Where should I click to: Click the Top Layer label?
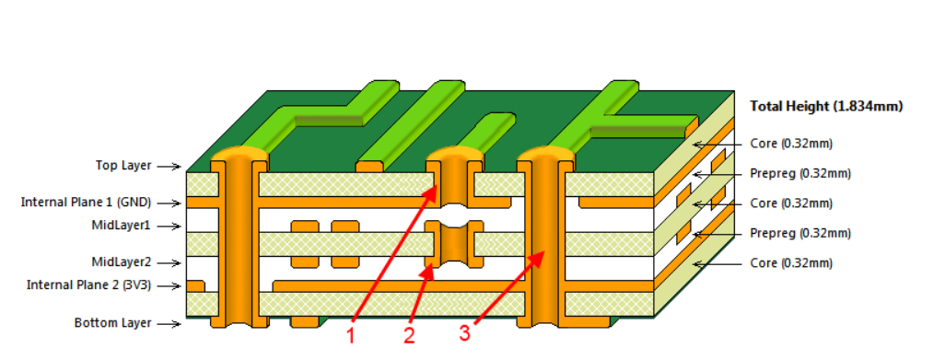click(x=123, y=166)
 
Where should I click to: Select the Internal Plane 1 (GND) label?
click(x=86, y=202)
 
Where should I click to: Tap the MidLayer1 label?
click(x=121, y=225)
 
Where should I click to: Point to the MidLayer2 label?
click(x=121, y=261)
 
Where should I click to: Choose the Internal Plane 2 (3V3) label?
click(x=88, y=285)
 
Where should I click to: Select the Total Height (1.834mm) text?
click(x=826, y=106)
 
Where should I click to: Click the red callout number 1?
click(x=350, y=336)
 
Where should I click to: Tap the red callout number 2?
click(x=409, y=336)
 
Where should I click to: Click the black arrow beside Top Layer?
click(x=168, y=167)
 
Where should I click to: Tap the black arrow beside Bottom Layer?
click(x=168, y=323)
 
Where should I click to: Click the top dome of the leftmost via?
click(x=238, y=153)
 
